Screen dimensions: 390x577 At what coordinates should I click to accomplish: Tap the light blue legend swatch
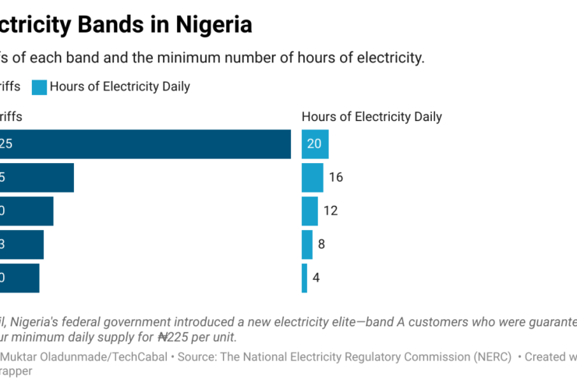pos(39,87)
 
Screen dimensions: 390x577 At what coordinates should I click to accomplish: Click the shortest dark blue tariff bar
pos(19,278)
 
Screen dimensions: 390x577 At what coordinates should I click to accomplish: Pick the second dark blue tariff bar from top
pos(37,178)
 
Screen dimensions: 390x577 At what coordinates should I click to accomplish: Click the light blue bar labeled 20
pos(315,144)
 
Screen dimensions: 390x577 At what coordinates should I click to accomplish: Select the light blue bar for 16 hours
pos(312,178)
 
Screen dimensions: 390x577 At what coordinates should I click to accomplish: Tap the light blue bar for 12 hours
pos(310,211)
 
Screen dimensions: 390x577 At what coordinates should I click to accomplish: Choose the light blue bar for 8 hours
pos(306,244)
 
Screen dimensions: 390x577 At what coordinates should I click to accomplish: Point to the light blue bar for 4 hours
pos(304,278)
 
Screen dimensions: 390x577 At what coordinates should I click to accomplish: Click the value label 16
pos(336,178)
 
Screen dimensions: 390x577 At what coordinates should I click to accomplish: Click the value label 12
pos(331,211)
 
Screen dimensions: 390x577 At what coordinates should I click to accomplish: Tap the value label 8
pos(321,244)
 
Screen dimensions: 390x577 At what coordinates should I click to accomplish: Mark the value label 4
pos(317,278)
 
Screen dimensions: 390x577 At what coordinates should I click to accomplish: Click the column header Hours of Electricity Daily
pos(371,117)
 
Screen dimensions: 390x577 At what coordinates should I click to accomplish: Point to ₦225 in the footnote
pos(176,338)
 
